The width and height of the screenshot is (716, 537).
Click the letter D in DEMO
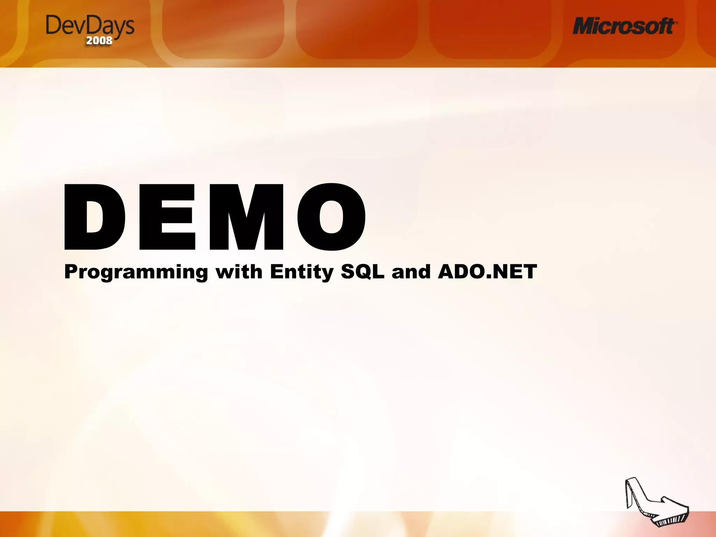tap(94, 217)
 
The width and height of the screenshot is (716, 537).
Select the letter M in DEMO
tap(246, 217)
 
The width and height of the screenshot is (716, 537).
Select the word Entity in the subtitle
tap(302, 272)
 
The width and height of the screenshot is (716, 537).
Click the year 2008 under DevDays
tap(99, 40)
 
